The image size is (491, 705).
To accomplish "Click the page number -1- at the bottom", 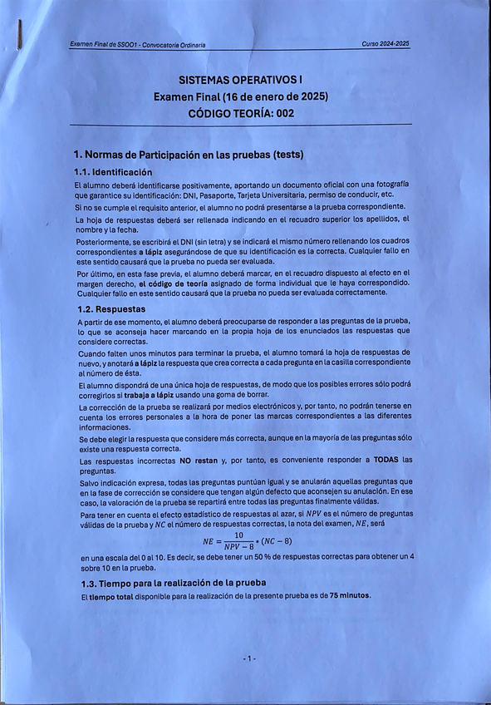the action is (249, 658).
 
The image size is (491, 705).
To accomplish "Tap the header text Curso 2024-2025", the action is (385, 44).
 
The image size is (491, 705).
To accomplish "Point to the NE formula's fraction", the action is (238, 540).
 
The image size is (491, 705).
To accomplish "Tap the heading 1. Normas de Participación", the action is (189, 155).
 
